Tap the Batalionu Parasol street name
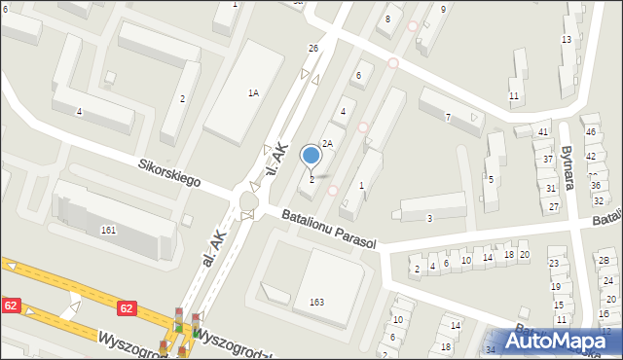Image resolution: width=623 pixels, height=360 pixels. tap(328, 228)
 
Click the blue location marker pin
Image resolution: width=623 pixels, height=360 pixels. tap(311, 156)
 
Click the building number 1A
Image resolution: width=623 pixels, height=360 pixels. tap(253, 93)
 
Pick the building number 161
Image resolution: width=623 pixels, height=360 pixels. tap(108, 230)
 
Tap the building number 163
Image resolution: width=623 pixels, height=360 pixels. tap(316, 303)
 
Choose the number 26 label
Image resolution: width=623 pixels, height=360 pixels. tap(313, 49)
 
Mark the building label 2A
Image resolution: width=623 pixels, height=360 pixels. tap(328, 143)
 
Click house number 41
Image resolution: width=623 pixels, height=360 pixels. tap(544, 131)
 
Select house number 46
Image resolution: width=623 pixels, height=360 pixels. tap(590, 131)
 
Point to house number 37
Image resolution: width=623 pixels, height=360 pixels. tap(548, 159)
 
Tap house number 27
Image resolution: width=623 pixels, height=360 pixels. tap(554, 206)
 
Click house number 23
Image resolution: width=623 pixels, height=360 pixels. tap(554, 263)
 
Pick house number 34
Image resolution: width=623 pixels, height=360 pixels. tap(491, 349)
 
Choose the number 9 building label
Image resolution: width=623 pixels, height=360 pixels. tap(443, 9)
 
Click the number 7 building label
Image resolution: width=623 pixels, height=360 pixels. tap(448, 118)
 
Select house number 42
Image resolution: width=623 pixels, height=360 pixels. tap(590, 156)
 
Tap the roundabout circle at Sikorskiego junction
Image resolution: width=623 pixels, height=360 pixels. tap(248, 200)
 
